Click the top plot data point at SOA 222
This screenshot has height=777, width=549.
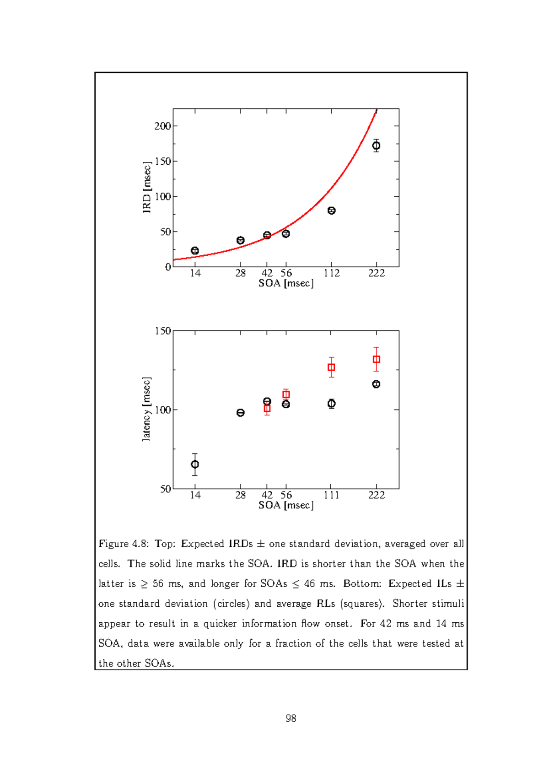coord(376,146)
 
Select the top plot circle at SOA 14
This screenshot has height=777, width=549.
coord(195,251)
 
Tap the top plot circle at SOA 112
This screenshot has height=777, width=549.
coord(332,210)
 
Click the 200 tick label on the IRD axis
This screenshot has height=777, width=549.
coord(162,126)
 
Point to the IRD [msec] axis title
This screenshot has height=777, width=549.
coord(147,188)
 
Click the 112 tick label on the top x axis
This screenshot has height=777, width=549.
coord(332,273)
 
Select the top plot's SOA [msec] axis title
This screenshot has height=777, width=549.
coord(286,283)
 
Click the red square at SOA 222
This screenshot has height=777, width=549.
coord(376,359)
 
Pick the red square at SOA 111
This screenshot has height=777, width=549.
coord(331,367)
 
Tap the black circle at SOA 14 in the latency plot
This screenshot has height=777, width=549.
coord(195,464)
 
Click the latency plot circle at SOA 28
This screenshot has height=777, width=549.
coord(241,413)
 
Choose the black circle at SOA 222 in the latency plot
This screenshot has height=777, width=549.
coord(376,384)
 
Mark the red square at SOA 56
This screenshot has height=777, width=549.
coord(286,394)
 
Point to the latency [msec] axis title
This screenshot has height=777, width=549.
coord(146,410)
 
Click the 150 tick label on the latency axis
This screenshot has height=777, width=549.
coord(162,331)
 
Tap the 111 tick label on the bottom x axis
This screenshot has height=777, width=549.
coord(331,495)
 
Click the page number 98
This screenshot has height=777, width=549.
coord(291,718)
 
